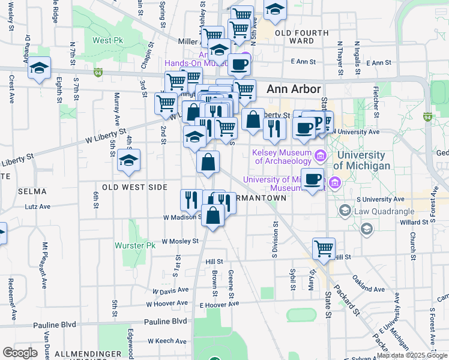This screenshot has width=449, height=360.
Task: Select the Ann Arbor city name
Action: [291, 88]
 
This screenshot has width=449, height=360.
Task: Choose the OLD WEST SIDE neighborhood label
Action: [134, 187]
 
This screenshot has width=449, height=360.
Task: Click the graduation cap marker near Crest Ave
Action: [39, 68]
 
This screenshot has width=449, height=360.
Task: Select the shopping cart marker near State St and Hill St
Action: [324, 248]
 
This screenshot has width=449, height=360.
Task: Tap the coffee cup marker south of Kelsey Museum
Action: [312, 179]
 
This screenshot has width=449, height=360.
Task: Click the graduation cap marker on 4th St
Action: [128, 160]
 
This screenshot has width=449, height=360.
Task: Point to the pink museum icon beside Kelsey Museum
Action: [319, 157]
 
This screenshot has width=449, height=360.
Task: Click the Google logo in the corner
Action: [20, 352]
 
